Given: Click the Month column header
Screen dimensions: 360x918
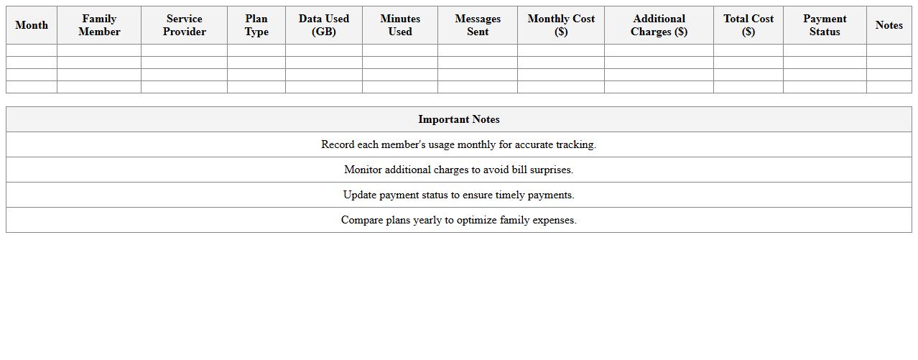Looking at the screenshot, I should [x=32, y=25].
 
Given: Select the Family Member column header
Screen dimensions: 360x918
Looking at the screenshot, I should [x=99, y=25].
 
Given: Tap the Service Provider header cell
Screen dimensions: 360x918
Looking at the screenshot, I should [x=184, y=25].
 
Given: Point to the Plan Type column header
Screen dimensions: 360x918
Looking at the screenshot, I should [x=256, y=25].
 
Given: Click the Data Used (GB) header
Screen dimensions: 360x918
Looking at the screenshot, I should [x=324, y=25].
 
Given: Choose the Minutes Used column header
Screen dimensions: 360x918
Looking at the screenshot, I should [x=400, y=25].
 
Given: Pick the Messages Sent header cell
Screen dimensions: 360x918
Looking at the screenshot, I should [x=478, y=25].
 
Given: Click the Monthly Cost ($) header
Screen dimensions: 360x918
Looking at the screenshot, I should [x=561, y=25].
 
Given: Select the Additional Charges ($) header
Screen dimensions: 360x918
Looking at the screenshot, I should [x=659, y=25].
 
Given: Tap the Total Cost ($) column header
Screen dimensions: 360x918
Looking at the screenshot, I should [x=748, y=25].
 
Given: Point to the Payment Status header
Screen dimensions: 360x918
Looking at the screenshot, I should [x=825, y=25].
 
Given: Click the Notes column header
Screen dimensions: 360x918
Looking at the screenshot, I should [x=889, y=25].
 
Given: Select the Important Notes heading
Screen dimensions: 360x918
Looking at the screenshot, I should [x=459, y=119].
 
